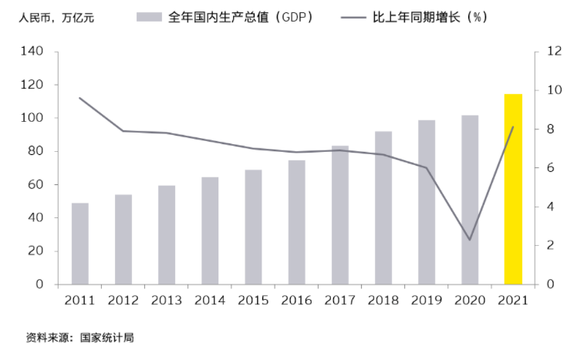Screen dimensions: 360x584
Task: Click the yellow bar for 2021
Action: tap(513, 189)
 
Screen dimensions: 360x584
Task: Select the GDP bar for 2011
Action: tap(80, 244)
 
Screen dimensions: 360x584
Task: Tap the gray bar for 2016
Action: tap(297, 222)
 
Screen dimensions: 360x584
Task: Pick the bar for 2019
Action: tap(427, 202)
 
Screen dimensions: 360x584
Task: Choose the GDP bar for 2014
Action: tap(210, 230)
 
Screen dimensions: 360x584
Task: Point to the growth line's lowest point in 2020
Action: tap(470, 240)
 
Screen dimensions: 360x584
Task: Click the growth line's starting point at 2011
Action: tap(80, 98)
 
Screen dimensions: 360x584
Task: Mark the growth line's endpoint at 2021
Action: tap(513, 127)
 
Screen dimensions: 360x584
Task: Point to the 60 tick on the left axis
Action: tap(38, 185)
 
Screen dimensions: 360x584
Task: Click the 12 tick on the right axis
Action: tap(554, 52)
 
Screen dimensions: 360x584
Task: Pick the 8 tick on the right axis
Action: tap(551, 130)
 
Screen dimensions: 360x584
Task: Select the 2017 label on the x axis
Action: tap(340, 300)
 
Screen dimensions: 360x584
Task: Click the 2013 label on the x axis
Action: tap(167, 300)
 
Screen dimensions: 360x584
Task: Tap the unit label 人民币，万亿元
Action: tap(50, 17)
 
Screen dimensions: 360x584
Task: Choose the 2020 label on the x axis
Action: tap(470, 300)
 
